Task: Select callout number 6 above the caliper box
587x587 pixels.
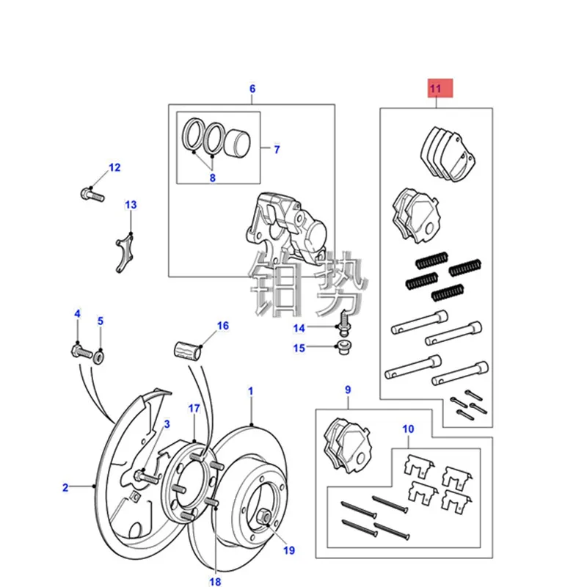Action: tap(252, 90)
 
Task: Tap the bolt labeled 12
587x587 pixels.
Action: tap(90, 195)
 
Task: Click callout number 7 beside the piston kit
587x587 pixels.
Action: tap(277, 150)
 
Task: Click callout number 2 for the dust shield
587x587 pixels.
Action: tap(65, 486)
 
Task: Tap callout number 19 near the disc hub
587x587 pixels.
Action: tap(288, 550)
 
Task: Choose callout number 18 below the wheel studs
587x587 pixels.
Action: tap(215, 581)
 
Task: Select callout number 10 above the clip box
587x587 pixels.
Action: tap(408, 429)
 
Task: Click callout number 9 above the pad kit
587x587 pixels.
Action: tap(348, 390)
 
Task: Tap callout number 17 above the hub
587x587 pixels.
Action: tap(194, 408)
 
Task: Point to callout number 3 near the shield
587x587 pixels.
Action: tap(167, 424)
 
